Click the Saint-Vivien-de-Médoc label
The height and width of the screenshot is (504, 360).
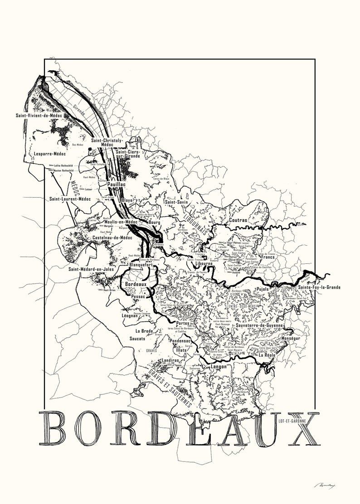coord(39,116)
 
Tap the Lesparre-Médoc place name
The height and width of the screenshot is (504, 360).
coord(50,154)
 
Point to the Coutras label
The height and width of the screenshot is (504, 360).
coord(238,220)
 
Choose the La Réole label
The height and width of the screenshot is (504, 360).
coord(267,356)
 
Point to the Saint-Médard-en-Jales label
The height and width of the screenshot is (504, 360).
coord(91,269)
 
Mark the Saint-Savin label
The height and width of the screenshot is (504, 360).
coord(176,202)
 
